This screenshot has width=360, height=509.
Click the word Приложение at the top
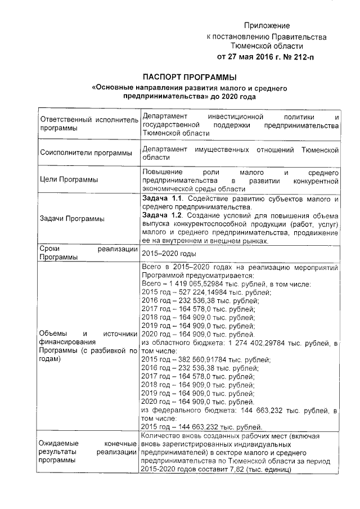pyautogui.click(x=266, y=26)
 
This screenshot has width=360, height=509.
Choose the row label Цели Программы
pyautogui.click(x=68, y=180)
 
